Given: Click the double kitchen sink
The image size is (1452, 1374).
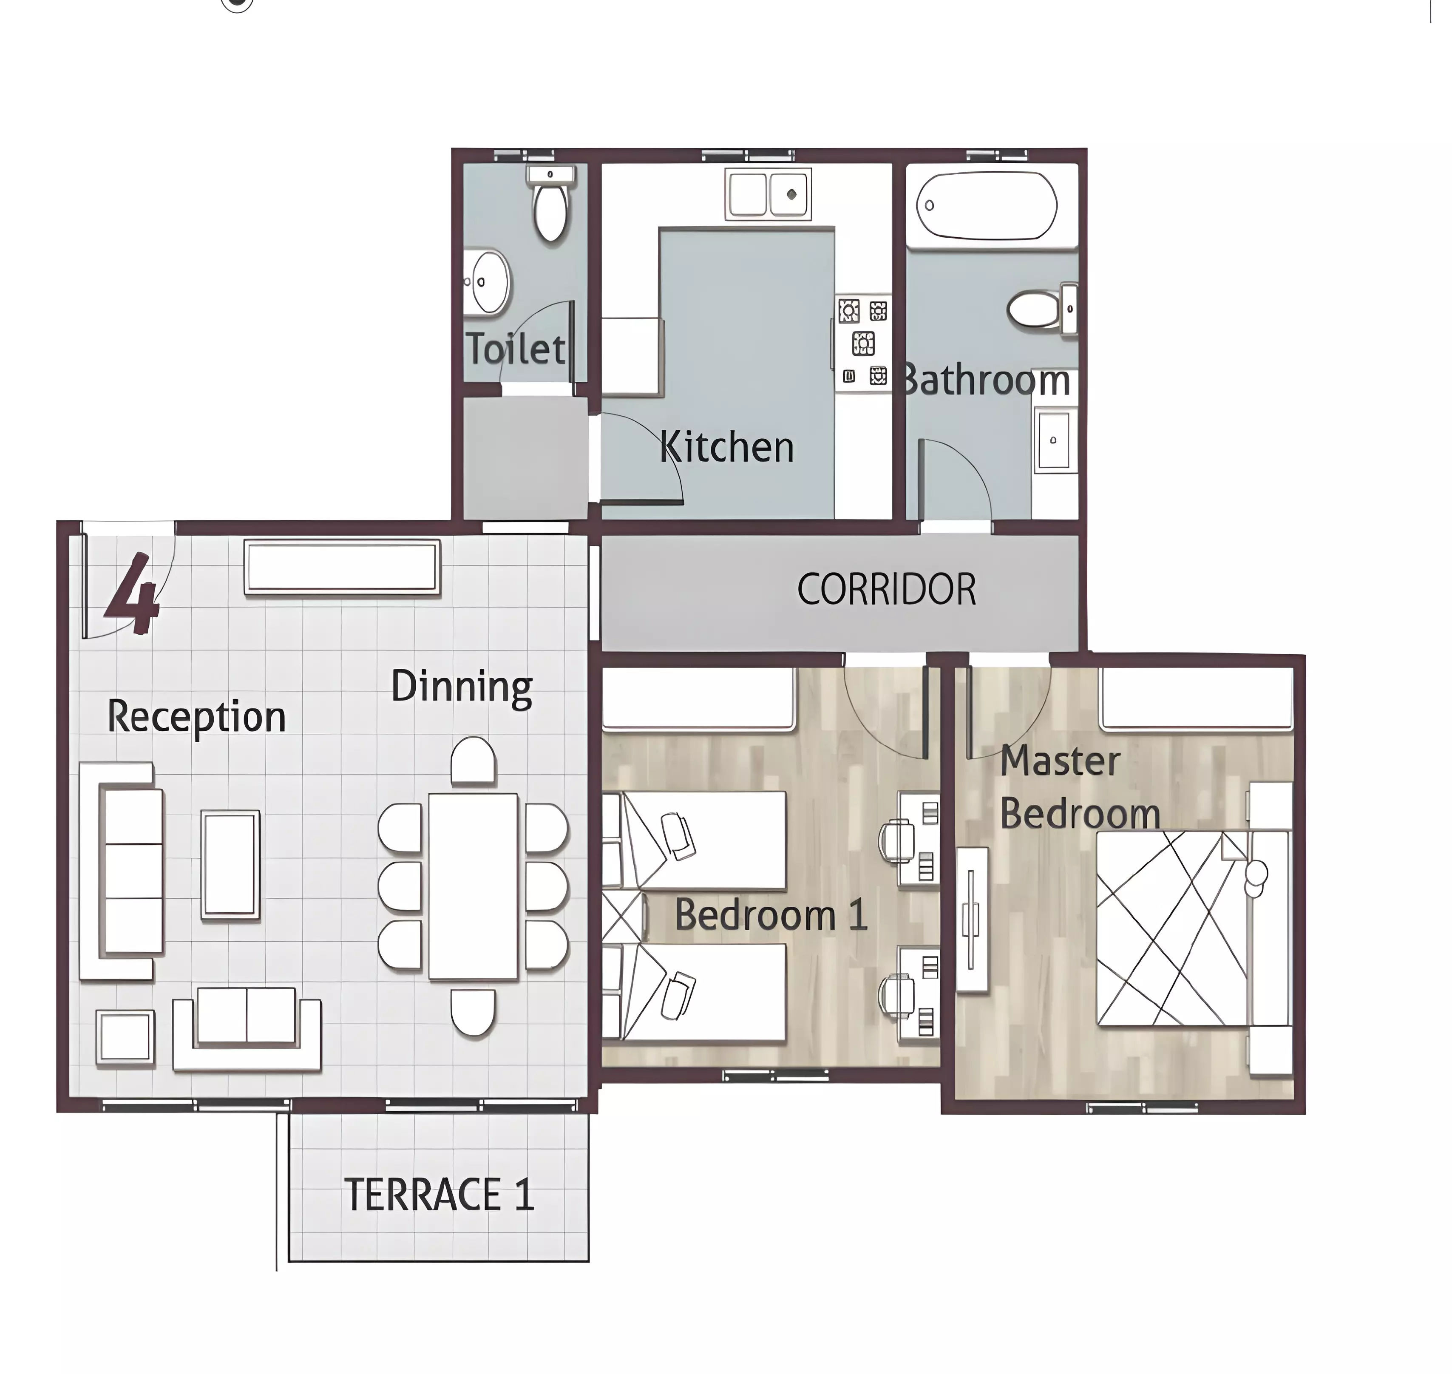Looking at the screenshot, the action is (x=768, y=194).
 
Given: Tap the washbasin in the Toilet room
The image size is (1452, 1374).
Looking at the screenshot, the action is (x=488, y=282).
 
